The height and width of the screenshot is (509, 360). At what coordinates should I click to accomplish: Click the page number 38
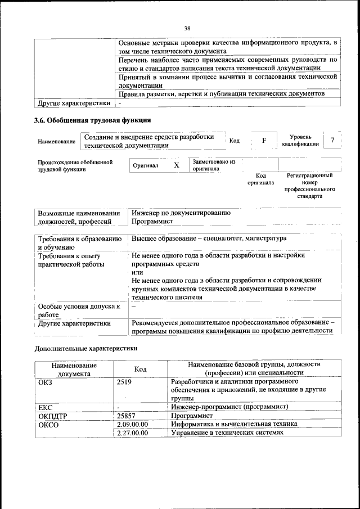tap(187, 28)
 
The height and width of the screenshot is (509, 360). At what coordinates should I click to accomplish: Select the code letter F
tap(263, 140)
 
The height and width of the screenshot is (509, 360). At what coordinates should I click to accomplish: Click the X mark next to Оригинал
tap(176, 165)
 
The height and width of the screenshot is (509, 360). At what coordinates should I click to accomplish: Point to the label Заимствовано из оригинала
tap(214, 165)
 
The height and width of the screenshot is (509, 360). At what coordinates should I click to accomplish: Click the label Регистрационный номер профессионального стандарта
tap(309, 186)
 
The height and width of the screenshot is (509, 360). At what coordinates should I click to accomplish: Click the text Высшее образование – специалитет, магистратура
tap(209, 238)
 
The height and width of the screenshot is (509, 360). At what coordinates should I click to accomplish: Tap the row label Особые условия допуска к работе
tap(79, 310)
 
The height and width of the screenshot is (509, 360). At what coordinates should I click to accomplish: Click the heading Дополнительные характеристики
tap(86, 348)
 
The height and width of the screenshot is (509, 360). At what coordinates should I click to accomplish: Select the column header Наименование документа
tap(74, 368)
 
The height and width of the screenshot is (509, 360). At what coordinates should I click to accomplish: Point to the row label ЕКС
tap(46, 407)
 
